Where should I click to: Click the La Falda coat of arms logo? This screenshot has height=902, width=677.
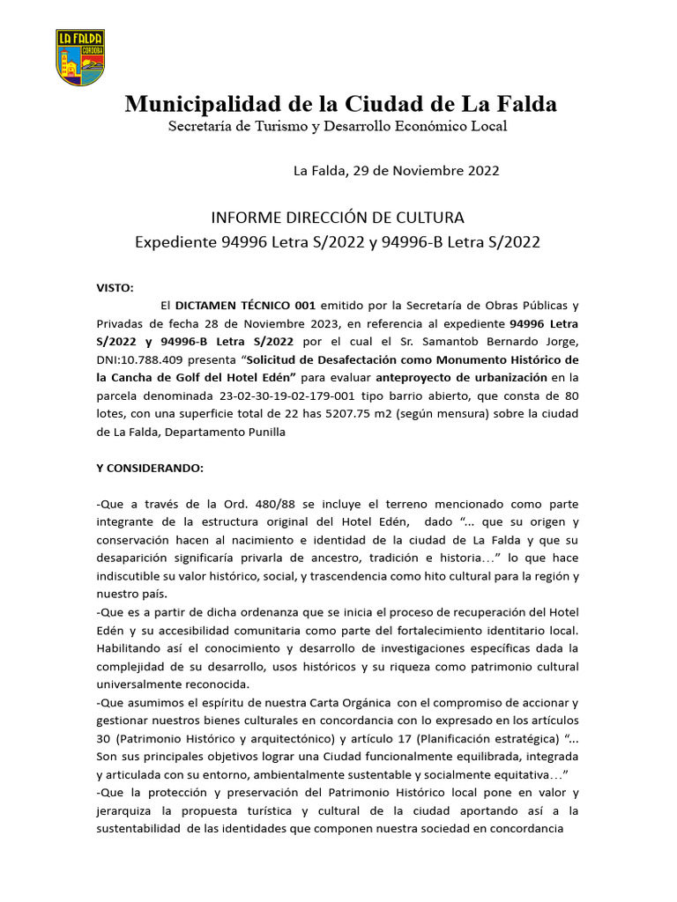coord(80,57)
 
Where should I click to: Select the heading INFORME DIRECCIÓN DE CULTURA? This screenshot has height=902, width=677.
coord(337,218)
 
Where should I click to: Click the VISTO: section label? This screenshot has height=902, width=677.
coord(115,288)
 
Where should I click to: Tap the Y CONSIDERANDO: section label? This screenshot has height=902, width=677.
coord(150,468)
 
